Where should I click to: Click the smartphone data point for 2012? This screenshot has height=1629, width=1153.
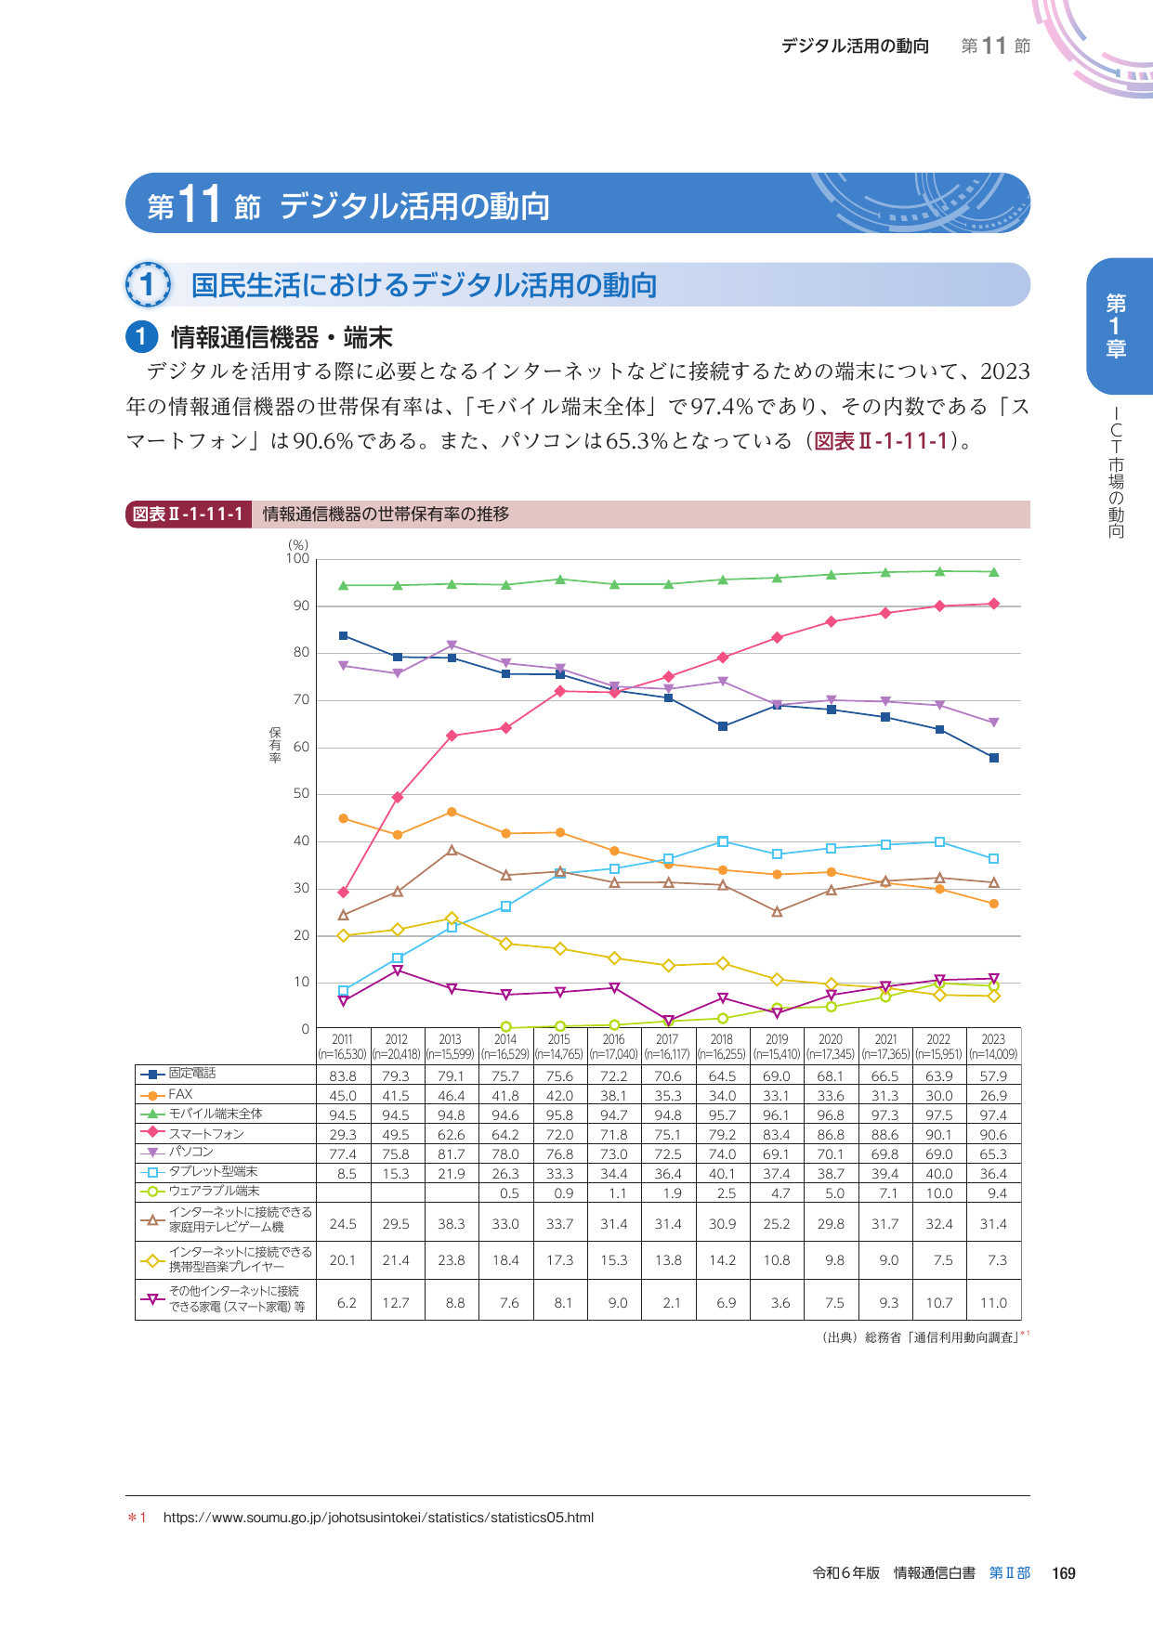coord(398,797)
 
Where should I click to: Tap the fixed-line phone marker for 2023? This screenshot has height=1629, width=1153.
coord(994,758)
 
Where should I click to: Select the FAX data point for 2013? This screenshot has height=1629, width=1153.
coord(452,812)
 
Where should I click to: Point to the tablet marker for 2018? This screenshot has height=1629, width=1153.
coord(723,841)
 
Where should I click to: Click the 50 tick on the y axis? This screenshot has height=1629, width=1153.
coord(301,794)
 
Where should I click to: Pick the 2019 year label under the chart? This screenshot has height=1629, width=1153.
coord(777,1039)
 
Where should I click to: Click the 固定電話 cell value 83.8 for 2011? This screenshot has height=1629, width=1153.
coord(343,1075)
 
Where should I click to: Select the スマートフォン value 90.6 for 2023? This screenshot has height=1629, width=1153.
coord(993,1134)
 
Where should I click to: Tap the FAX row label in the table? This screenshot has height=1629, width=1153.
coord(180,1094)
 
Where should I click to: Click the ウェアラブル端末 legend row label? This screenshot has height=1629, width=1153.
coord(214,1191)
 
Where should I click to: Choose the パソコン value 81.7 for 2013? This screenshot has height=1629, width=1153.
coord(452,1153)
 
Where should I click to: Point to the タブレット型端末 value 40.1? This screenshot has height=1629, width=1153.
coord(722,1173)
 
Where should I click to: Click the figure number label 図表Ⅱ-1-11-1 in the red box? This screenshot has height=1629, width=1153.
coord(189,515)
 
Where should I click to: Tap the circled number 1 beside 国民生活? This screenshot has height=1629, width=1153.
coord(148,284)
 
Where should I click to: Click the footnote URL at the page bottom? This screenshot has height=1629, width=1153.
coord(378,1518)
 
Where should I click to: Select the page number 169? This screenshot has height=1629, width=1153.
coord(1063,1573)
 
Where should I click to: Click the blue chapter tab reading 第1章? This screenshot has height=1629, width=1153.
coord(1117,326)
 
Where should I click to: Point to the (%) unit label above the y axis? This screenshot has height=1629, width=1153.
coord(297,545)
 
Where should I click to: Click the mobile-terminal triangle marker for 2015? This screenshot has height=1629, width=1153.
coord(560,580)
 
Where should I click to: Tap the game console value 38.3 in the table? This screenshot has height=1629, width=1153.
coord(452,1224)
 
